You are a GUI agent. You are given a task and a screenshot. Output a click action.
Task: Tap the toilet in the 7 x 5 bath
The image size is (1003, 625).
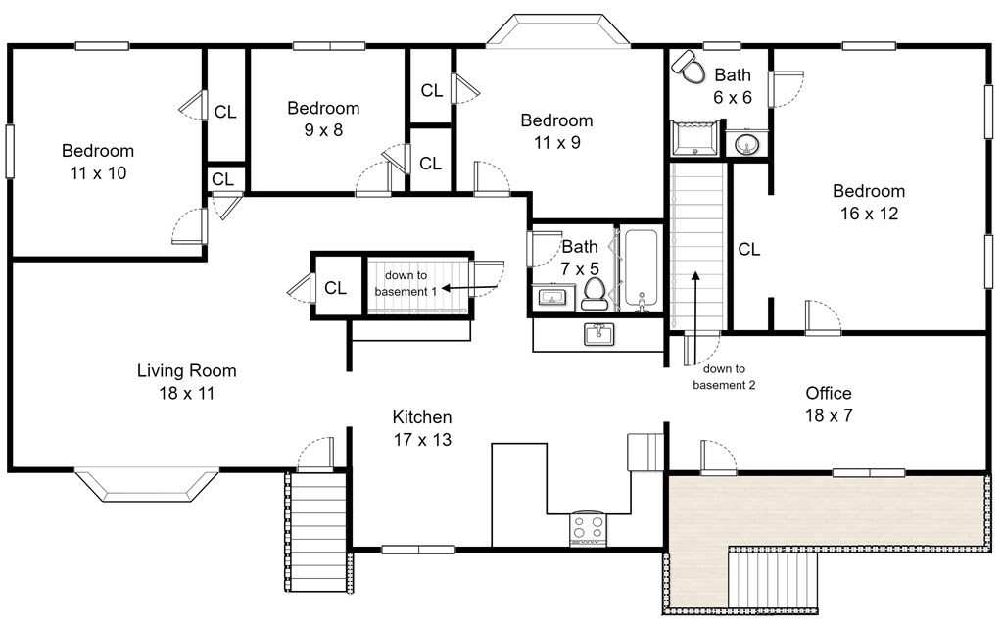(595, 294)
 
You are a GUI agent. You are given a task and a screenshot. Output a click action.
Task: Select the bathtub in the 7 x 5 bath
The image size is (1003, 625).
(641, 268)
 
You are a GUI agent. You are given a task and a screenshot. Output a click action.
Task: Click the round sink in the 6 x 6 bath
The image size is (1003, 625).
(745, 144)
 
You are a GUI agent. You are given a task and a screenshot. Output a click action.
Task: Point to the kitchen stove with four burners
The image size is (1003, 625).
(588, 528)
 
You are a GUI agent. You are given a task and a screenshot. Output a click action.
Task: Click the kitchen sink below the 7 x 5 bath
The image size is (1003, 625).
(598, 333)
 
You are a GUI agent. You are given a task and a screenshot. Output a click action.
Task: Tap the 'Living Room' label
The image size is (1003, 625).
(187, 370)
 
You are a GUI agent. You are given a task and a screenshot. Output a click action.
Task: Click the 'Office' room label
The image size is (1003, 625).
(829, 393)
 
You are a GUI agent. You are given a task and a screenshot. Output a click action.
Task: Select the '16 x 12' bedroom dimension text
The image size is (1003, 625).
(869, 214)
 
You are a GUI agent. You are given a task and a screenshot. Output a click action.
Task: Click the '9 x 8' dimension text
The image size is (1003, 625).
(323, 130)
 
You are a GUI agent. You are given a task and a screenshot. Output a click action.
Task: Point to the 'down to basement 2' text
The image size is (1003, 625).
(724, 377)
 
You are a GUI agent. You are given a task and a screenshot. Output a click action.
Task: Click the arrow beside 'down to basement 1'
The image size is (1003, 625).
(469, 288)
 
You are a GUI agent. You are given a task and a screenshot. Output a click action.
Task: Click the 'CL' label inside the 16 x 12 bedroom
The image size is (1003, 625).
(749, 249)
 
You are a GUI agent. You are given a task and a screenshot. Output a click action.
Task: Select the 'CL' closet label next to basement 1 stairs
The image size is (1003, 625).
(335, 288)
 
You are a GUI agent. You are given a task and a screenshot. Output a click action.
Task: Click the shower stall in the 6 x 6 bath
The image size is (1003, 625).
(695, 137)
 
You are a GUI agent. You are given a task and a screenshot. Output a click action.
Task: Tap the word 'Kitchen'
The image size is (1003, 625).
(421, 417)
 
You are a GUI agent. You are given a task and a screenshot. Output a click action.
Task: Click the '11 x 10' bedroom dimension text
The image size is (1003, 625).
(98, 172)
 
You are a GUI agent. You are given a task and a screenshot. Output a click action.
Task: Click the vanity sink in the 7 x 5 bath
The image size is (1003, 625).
(549, 298)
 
